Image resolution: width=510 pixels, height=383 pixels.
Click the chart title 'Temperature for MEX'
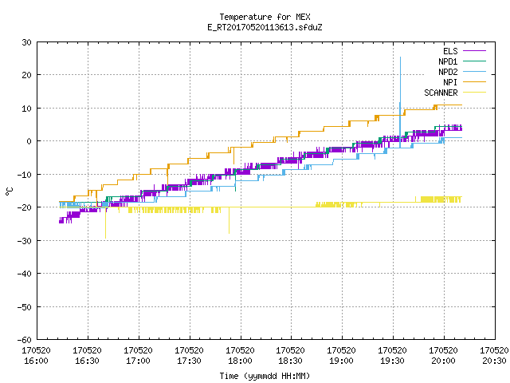pyautogui.click(x=265, y=17)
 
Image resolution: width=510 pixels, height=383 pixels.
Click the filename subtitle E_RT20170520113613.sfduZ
pyautogui.click(x=265, y=27)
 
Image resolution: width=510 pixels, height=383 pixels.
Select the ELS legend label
pyautogui.click(x=450, y=51)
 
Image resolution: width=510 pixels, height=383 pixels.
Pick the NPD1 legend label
pyautogui.click(x=448, y=61)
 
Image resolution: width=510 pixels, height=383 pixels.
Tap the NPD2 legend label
pyautogui.click(x=448, y=72)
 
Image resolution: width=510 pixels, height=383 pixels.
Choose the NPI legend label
pyautogui.click(x=450, y=82)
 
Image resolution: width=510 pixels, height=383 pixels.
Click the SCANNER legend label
pyautogui.click(x=441, y=93)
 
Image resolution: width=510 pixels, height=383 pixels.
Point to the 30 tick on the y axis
pyautogui.click(x=26, y=42)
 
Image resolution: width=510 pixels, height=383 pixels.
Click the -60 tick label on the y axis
pyautogui.click(x=25, y=340)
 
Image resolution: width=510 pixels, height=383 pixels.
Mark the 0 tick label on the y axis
pyautogui.click(x=29, y=141)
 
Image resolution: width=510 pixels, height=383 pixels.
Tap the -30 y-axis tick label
pyautogui.click(x=25, y=241)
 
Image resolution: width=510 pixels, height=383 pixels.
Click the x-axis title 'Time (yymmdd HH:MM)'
pyautogui.click(x=265, y=376)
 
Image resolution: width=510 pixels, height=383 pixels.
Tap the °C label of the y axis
pyautogui.click(x=10, y=191)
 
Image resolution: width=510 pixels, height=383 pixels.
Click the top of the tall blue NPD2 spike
pyautogui.click(x=400, y=57)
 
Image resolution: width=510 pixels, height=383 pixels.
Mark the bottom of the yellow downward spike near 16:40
pyautogui.click(x=105, y=238)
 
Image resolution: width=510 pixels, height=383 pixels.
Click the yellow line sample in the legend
pyautogui.click(x=475, y=93)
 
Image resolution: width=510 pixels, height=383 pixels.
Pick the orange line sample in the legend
pyautogui.click(x=475, y=82)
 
